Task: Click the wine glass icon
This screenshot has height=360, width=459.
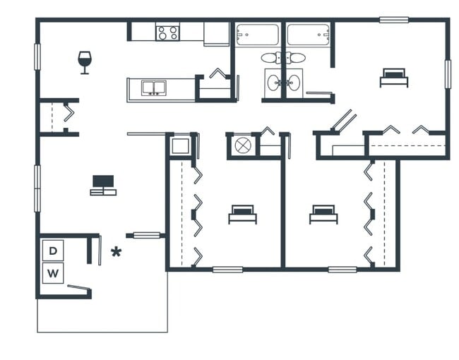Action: point(85,61)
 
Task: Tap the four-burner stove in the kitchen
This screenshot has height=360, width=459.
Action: point(167,32)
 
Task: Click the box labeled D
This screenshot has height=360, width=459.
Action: point(53,249)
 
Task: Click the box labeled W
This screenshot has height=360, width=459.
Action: point(53,272)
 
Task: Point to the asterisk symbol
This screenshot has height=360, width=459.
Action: point(117,252)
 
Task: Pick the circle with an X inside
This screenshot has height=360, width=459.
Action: point(243,145)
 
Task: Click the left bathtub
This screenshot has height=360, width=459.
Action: point(257,35)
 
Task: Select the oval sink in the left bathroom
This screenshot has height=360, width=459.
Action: point(273,82)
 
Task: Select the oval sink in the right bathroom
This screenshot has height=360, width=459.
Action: point(293,82)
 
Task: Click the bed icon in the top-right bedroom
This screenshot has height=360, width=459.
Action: point(393,77)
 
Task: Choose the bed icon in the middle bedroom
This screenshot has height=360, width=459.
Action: point(242,214)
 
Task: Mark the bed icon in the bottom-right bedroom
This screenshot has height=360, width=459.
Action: point(323,214)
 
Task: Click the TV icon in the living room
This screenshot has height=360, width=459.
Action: point(103,185)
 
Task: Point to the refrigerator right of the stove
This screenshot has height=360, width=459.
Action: point(216,33)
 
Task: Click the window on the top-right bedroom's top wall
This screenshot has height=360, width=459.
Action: point(393,20)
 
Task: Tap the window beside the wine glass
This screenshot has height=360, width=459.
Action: point(37,56)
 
